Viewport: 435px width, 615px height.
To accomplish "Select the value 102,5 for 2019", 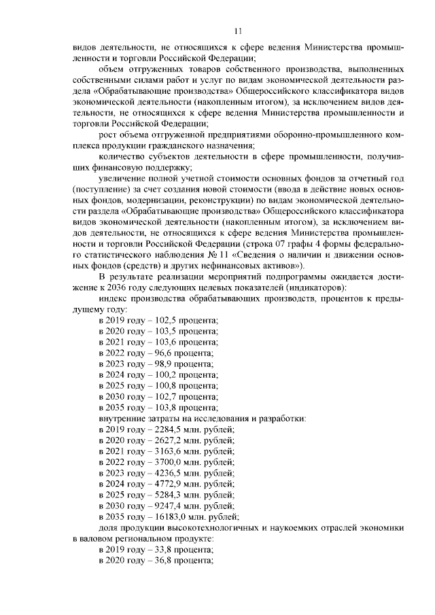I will pyautogui.click(x=161, y=319).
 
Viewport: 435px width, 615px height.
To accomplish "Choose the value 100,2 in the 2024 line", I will pyautogui.click(x=161, y=374).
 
